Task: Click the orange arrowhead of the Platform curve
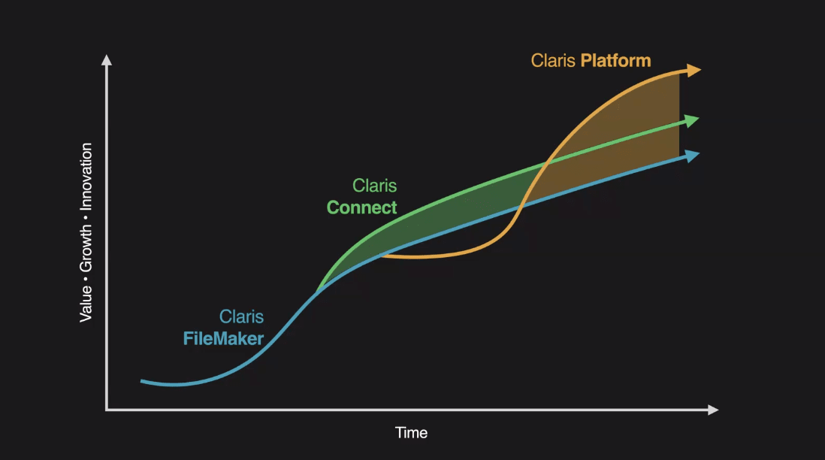694,70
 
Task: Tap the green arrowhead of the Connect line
693,121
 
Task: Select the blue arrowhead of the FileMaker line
693,156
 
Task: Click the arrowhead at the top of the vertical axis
107,59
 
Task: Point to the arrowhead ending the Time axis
714,410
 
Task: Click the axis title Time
412,433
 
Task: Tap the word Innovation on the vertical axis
86,177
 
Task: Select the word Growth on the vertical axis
86,249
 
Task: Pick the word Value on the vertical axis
86,304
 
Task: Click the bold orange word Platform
615,61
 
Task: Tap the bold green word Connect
362,207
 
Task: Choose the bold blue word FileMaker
224,338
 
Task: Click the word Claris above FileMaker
241,316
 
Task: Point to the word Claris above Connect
375,185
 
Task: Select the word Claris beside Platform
553,61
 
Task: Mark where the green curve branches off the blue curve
317,292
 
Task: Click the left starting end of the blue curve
141,381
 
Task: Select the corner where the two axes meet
107,410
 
